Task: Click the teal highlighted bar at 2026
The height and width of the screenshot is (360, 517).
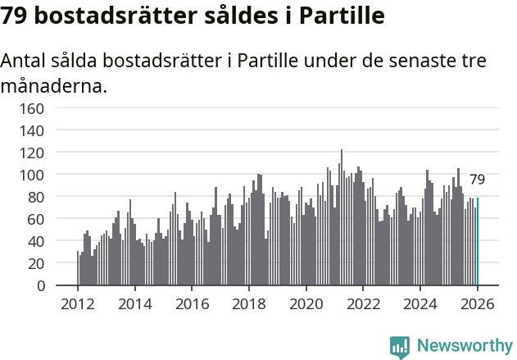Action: (478, 242)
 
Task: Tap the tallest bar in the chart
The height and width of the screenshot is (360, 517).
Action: (342, 218)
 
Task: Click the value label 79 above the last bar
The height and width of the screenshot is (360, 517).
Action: (477, 180)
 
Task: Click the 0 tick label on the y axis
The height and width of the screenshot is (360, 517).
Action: (39, 286)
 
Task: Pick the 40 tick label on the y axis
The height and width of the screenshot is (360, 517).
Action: (34, 242)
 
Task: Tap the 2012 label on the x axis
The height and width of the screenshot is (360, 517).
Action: (78, 303)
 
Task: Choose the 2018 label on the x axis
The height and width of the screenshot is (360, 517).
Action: (249, 303)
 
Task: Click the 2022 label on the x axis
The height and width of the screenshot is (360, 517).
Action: (363, 303)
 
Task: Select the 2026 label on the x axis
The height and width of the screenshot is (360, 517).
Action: (477, 303)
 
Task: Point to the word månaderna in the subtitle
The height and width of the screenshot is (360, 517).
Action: (52, 85)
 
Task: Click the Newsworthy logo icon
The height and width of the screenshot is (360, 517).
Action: (400, 346)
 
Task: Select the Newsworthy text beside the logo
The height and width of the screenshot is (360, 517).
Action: (464, 346)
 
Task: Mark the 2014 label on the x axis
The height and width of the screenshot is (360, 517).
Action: (135, 303)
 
